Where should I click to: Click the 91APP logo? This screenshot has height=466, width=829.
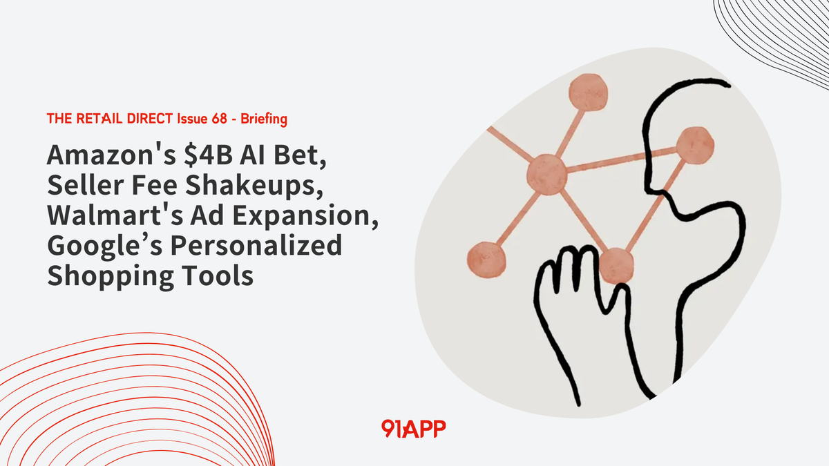(413, 429)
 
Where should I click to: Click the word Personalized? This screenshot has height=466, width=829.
(249, 245)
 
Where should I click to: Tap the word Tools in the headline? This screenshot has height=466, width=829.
(216, 275)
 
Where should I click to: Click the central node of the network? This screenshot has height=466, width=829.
(546, 173)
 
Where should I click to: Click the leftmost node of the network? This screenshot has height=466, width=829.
(487, 258)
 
